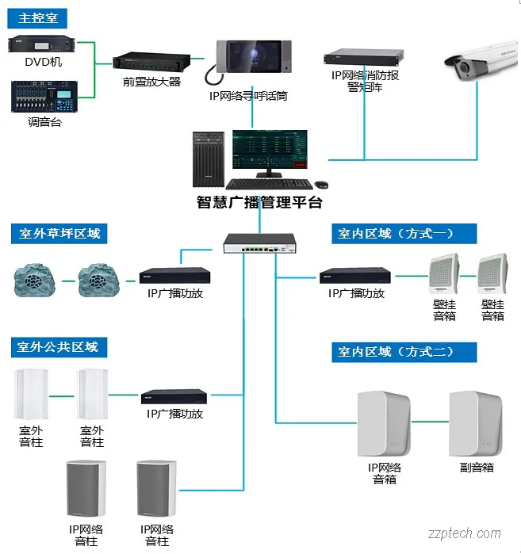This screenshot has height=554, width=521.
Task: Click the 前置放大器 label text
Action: (x=151, y=82)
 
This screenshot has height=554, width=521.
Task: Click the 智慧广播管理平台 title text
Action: (x=259, y=202)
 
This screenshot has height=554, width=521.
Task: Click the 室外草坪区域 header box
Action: (x=59, y=234)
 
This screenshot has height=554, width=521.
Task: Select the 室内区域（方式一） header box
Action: (x=404, y=233)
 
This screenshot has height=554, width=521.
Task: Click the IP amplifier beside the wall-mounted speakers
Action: (x=356, y=276)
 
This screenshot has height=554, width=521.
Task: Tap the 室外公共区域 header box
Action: (x=59, y=346)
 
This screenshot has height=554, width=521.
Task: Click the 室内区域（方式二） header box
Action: (x=404, y=352)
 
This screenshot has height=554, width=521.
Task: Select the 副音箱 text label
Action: (x=477, y=468)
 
